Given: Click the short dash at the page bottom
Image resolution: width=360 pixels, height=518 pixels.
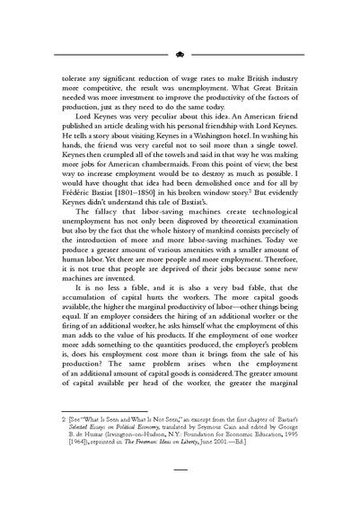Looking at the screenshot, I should click(x=180, y=493).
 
